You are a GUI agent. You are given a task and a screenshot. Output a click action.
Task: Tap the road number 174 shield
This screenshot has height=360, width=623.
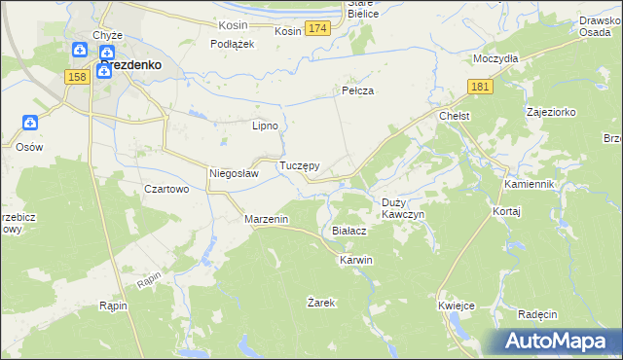[x=315, y=30]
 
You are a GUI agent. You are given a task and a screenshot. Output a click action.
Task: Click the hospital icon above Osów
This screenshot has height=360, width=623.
[x=30, y=124]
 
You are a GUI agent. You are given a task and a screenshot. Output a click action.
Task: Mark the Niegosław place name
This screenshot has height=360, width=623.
[x=234, y=174]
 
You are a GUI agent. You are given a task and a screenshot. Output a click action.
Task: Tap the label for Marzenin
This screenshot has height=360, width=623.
[x=267, y=220]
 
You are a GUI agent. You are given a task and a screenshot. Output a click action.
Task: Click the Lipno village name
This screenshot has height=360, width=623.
[x=266, y=126]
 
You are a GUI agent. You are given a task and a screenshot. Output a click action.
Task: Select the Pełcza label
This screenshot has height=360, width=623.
[x=358, y=90]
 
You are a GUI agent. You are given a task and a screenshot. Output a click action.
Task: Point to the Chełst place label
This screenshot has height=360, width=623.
[x=455, y=117]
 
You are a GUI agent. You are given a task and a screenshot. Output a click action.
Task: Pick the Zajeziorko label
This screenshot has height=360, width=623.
[x=551, y=112]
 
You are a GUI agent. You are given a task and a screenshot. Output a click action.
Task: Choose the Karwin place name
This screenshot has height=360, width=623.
[x=355, y=261]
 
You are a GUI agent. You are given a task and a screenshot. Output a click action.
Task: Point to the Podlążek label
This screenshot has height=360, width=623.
[x=233, y=44]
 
